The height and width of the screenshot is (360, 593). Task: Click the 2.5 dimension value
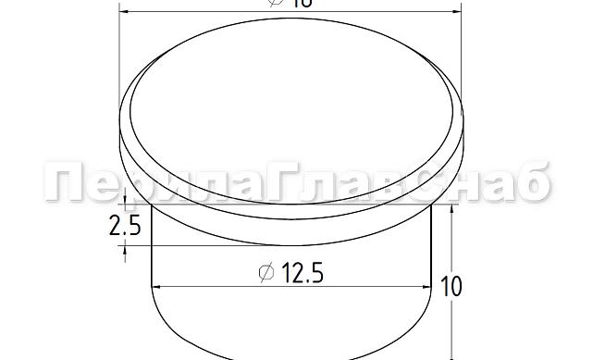point(124,226)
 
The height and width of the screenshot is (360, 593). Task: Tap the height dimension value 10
point(453,286)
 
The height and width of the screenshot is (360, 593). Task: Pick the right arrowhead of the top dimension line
point(455,11)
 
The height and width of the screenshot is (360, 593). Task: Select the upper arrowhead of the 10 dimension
point(451,209)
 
